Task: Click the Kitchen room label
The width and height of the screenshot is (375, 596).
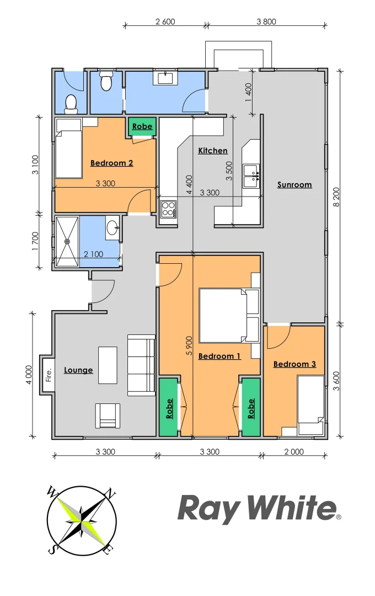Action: (x=213, y=151)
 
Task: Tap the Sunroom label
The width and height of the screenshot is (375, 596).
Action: (x=294, y=185)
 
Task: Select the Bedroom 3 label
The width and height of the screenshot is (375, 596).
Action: (x=294, y=364)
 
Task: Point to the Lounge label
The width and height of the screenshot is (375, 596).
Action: (x=78, y=370)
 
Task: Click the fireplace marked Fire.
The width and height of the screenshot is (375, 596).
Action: (x=48, y=374)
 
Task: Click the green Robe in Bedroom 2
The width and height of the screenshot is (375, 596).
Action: (x=142, y=127)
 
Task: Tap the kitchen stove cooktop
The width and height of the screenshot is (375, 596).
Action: (x=168, y=209)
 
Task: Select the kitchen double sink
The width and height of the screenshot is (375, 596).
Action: (x=251, y=173)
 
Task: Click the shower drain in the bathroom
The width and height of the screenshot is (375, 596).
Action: (x=67, y=241)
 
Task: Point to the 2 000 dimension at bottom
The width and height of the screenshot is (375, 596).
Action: (x=294, y=451)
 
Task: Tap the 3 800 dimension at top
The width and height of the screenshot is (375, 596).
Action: (x=266, y=22)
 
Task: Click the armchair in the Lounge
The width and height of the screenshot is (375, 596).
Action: (x=108, y=416)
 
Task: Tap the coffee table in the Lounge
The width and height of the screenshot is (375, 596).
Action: (x=108, y=365)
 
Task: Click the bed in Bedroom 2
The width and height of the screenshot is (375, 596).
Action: (x=68, y=148)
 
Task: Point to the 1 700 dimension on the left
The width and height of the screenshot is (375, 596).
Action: (x=34, y=241)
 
